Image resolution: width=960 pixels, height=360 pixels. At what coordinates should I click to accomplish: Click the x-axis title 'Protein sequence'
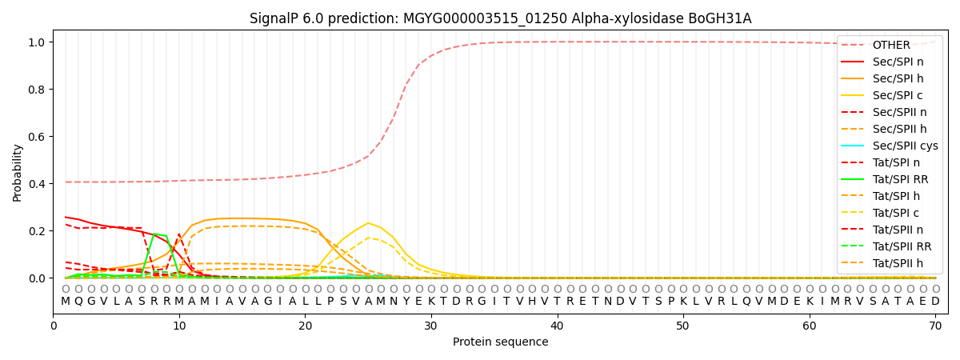pyautogui.click(x=500, y=342)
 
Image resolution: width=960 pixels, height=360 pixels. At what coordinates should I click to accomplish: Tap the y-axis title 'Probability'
pyautogui.click(x=18, y=172)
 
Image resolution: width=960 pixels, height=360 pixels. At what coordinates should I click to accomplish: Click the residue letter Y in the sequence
pyautogui.click(x=406, y=302)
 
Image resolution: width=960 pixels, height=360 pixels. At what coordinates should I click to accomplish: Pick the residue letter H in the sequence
pyautogui.click(x=532, y=302)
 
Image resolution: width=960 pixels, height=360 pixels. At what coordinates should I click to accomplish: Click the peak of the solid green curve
pyautogui.click(x=154, y=234)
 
